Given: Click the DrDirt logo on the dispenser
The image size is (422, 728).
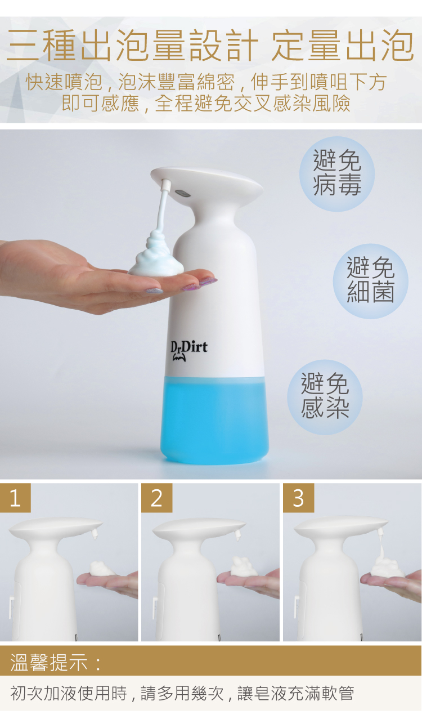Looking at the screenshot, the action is click(188, 351).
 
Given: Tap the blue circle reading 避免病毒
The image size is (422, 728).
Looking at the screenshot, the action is click(337, 174).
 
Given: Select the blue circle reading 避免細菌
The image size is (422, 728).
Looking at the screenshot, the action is click(371, 281).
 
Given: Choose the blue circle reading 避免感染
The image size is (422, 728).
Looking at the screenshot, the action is click(325, 397).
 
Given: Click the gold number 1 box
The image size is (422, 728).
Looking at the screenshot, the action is click(15, 498).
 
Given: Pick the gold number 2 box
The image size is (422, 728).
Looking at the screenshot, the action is click(156, 498).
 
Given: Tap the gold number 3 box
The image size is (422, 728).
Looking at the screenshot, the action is click(298, 498).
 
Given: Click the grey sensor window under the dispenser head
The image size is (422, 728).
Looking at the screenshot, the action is click(182, 193).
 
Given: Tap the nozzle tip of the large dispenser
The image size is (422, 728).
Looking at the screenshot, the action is click(167, 184).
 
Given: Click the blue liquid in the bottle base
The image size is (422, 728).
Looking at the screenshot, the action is click(214, 419).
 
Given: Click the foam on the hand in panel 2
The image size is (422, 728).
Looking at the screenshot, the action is click(244, 566).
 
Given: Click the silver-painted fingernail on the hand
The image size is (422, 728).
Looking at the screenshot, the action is click(154, 290).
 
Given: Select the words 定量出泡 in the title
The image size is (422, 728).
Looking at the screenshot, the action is click(343, 45).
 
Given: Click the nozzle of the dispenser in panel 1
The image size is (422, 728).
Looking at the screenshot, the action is click(95, 533).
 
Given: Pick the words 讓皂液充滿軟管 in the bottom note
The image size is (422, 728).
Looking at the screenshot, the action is click(295, 694).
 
